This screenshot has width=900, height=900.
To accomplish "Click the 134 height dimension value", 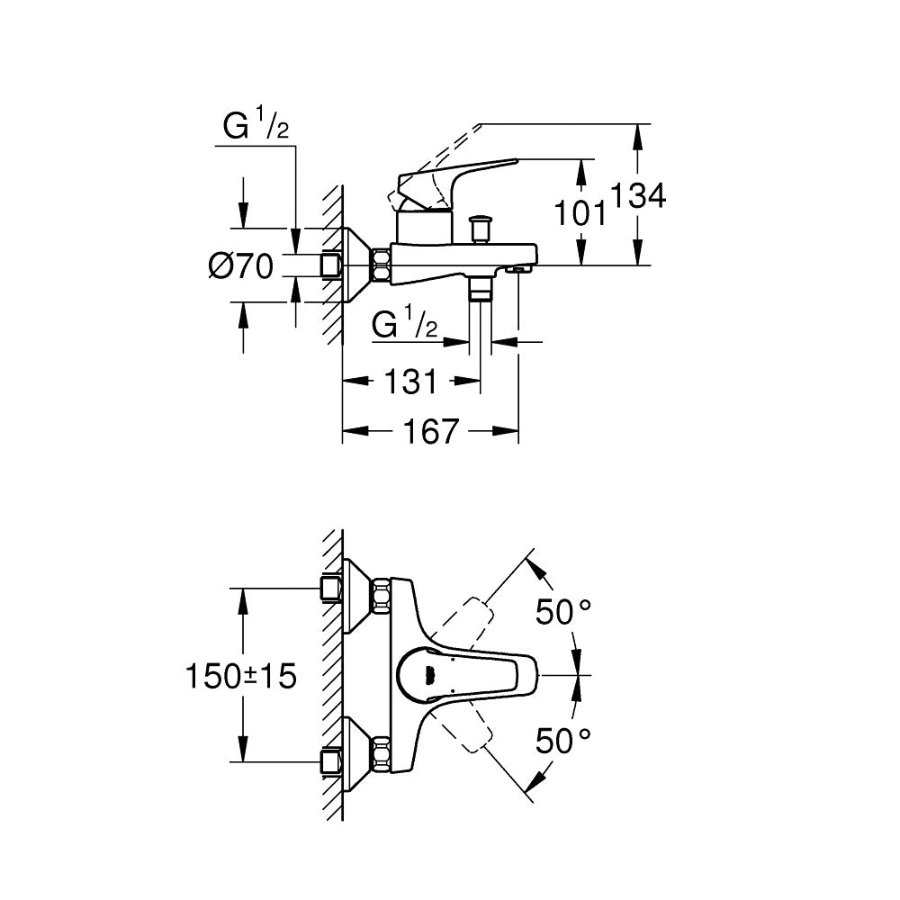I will [640, 195].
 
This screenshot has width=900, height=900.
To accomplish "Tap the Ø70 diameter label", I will [240, 266].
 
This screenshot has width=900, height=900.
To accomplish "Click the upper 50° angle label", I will [563, 613].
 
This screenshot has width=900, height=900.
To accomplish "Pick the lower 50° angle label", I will [563, 741].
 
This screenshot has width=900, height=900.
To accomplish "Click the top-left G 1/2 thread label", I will [256, 129].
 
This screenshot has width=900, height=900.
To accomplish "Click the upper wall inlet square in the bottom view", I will [330, 589].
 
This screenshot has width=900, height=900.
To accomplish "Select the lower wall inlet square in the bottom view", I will [330, 761].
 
